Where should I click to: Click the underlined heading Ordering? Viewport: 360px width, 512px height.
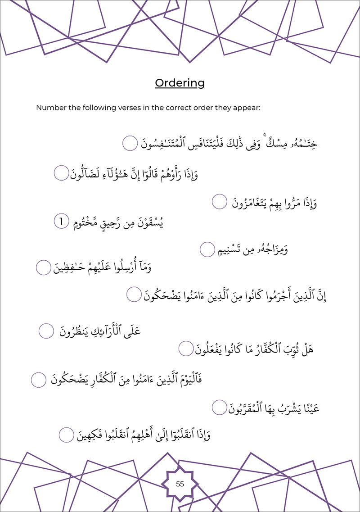180,83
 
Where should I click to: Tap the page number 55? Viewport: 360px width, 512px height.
180,484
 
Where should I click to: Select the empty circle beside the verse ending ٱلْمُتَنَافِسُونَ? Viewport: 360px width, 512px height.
130,144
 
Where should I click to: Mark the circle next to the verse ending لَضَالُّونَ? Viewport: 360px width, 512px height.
61,173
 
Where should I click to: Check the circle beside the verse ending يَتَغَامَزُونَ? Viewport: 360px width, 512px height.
219,201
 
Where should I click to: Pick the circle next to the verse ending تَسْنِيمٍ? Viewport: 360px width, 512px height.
207,249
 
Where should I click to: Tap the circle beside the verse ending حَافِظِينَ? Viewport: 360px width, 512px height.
43,267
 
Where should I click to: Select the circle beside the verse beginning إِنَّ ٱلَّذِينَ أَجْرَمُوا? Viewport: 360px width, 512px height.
134,295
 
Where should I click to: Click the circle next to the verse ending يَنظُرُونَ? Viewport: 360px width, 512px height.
46,331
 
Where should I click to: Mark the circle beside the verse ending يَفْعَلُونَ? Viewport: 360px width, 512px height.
186,348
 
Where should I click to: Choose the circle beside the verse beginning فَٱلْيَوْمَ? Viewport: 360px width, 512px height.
39,380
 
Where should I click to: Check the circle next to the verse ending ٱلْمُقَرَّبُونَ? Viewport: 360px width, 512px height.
219,408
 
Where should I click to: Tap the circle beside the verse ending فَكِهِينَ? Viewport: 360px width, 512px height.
67,435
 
